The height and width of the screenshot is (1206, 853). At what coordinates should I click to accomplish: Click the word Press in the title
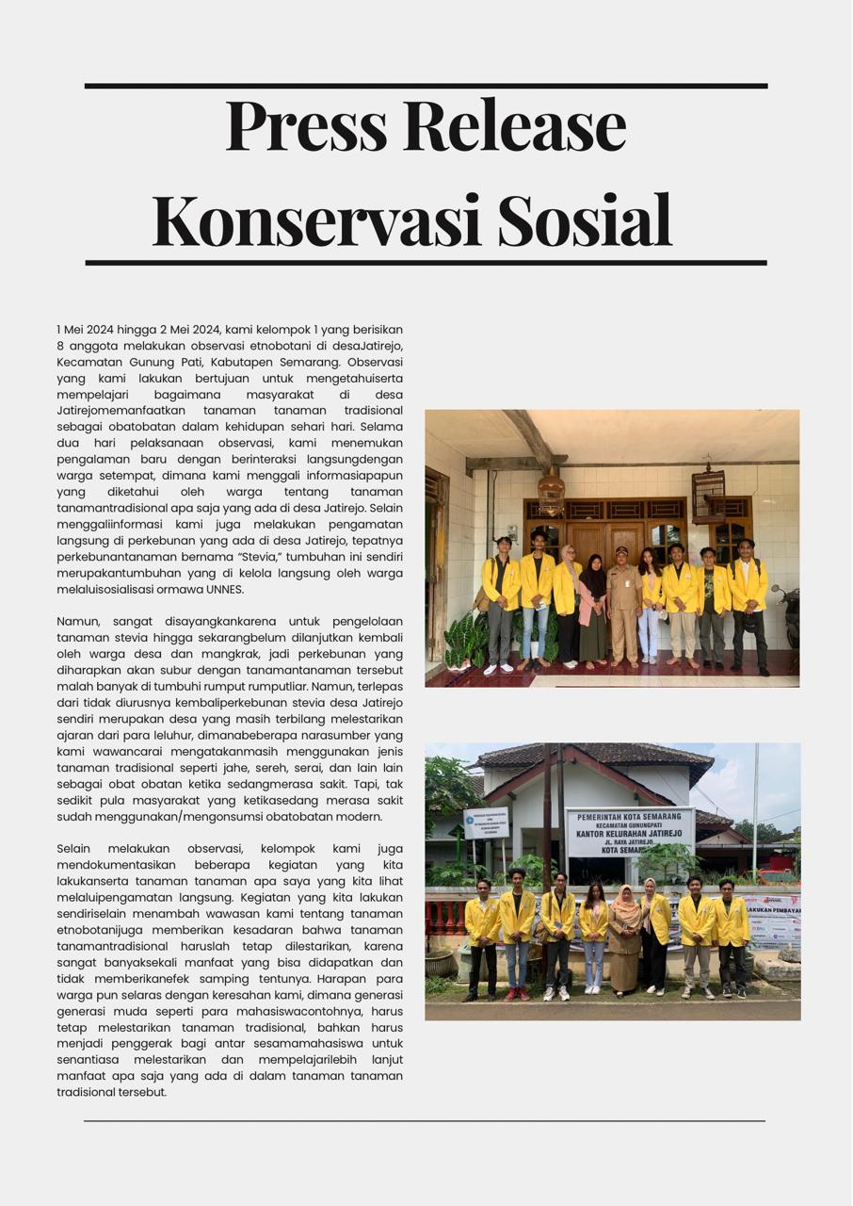(306, 125)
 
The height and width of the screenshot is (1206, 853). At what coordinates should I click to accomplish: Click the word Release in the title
(517, 125)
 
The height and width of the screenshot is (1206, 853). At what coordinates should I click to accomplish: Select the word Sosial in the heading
(584, 220)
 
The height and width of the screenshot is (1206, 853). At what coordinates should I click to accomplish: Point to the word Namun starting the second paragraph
(78, 622)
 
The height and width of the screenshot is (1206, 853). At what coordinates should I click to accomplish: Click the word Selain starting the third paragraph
(76, 849)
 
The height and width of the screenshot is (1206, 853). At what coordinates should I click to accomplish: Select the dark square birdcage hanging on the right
(708, 495)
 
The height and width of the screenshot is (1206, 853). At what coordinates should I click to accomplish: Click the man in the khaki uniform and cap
(622, 603)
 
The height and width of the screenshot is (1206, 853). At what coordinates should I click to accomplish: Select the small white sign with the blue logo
(486, 823)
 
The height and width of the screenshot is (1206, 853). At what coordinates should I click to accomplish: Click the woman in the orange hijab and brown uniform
(624, 937)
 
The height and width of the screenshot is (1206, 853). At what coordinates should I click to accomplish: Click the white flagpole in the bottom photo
(754, 810)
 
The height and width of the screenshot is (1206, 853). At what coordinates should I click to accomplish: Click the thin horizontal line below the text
(425, 1121)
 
